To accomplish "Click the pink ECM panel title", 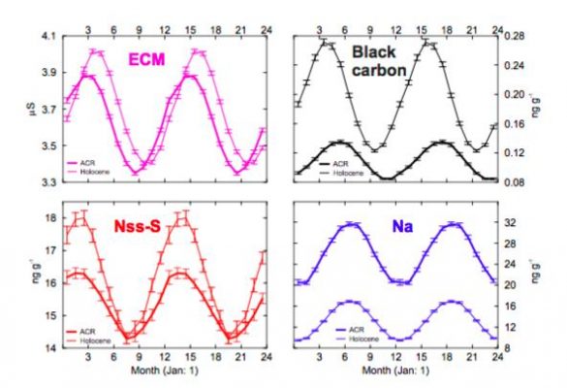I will tap(149, 61).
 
